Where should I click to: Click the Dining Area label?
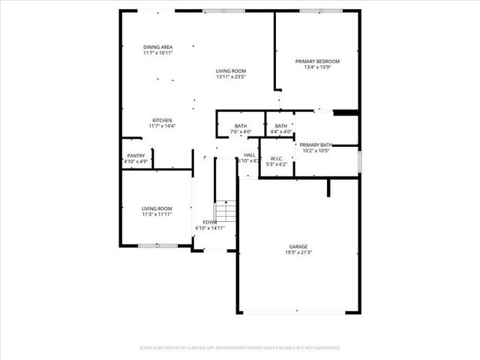(157, 47)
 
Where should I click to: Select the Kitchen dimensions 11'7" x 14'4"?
(163, 126)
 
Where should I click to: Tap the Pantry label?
(136, 155)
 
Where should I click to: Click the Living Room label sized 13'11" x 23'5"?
(231, 71)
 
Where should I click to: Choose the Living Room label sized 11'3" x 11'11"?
(157, 208)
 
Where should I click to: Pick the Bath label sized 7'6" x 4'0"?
(241, 126)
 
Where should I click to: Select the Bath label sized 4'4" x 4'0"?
(280, 126)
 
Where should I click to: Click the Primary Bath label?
(316, 145)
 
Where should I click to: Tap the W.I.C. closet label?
(276, 157)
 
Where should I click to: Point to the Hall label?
(250, 154)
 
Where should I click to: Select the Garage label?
(299, 247)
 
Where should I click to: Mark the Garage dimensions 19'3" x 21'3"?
(299, 253)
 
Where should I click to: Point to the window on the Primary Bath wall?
(359, 161)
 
